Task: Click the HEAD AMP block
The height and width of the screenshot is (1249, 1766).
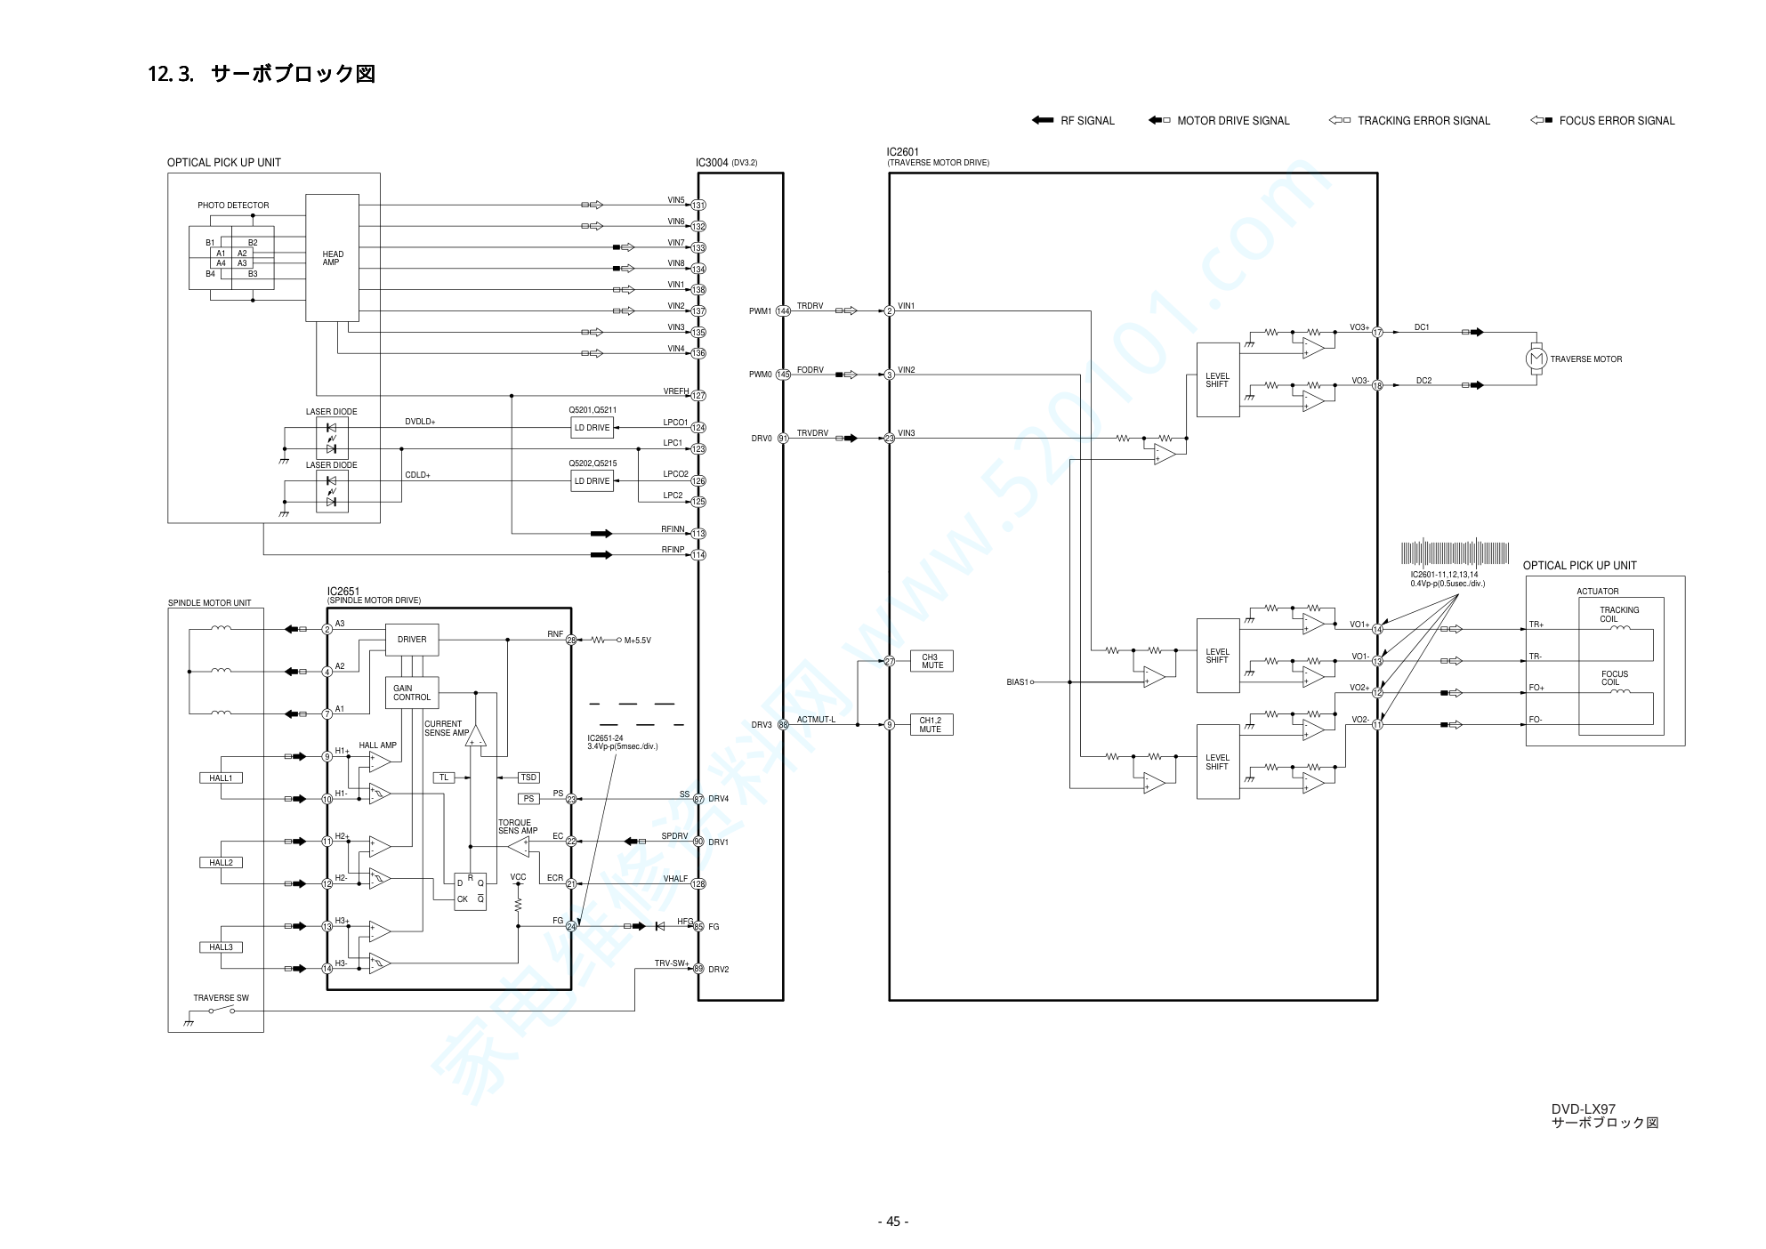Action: pyautogui.click(x=332, y=258)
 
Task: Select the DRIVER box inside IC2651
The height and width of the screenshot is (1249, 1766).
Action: pyautogui.click(x=411, y=640)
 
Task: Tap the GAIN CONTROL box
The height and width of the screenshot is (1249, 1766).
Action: pyautogui.click(x=411, y=693)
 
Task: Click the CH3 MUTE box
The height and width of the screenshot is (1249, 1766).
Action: pyautogui.click(x=931, y=661)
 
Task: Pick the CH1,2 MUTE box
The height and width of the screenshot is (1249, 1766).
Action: pyautogui.click(x=931, y=725)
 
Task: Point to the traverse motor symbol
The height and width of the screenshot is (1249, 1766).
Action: pyautogui.click(x=1536, y=359)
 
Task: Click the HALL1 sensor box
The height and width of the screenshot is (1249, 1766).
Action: pyautogui.click(x=221, y=778)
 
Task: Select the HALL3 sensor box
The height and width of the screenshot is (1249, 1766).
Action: pyautogui.click(x=221, y=947)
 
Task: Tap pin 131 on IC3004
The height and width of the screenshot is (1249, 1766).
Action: pyautogui.click(x=698, y=205)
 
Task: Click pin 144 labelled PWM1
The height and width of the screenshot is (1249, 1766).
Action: pyautogui.click(x=783, y=311)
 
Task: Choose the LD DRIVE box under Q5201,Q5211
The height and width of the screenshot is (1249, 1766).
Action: pyautogui.click(x=592, y=428)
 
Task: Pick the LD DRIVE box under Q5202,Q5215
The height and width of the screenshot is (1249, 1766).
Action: pyautogui.click(x=592, y=481)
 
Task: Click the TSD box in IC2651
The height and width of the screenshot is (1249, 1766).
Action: pyautogui.click(x=528, y=778)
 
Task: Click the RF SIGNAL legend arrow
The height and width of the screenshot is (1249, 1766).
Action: pyautogui.click(x=1043, y=121)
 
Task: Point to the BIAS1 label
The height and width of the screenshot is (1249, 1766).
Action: pyautogui.click(x=1017, y=682)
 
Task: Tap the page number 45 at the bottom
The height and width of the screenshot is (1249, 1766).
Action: pyautogui.click(x=893, y=1221)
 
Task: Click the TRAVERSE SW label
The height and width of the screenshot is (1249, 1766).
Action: pyautogui.click(x=221, y=998)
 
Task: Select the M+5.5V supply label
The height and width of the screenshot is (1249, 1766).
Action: pyautogui.click(x=637, y=641)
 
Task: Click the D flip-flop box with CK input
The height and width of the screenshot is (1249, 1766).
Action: pyautogui.click(x=470, y=890)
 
